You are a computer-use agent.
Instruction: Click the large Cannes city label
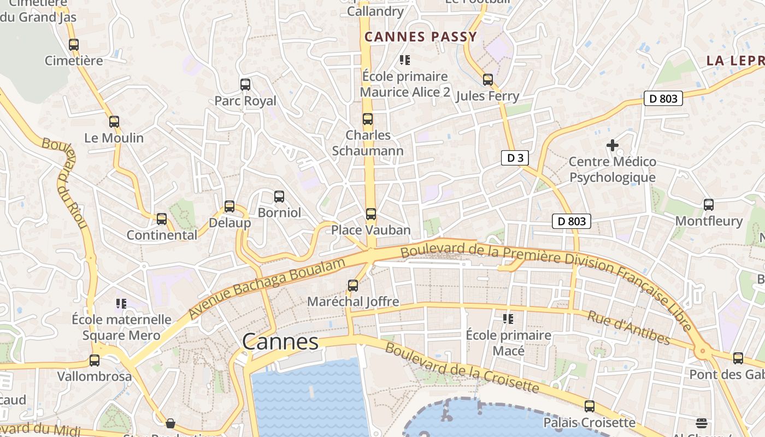tap(280, 342)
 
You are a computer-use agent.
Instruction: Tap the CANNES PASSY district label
tap(421, 37)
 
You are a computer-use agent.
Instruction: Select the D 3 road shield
tap(515, 158)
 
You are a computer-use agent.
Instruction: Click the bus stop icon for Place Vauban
tap(371, 214)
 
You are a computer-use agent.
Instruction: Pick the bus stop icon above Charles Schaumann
tap(368, 119)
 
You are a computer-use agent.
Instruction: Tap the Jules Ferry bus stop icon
tap(488, 80)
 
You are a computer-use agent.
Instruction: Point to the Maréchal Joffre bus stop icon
tap(353, 286)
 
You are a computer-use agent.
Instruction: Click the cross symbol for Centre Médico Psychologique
tap(613, 145)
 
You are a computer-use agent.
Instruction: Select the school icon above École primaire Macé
tap(508, 318)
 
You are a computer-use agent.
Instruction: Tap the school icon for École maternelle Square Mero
tap(121, 303)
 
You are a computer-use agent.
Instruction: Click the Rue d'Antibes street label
tap(628, 328)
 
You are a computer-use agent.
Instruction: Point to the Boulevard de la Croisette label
tap(462, 370)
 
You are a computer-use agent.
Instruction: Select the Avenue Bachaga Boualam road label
tap(267, 288)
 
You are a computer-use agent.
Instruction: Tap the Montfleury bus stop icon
tap(709, 205)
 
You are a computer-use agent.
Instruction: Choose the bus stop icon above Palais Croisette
tap(590, 406)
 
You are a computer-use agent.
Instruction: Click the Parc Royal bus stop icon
tap(245, 85)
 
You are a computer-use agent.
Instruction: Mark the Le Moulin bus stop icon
tap(114, 122)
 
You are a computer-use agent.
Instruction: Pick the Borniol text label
tap(279, 212)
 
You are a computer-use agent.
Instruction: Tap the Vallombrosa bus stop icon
tap(95, 361)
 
